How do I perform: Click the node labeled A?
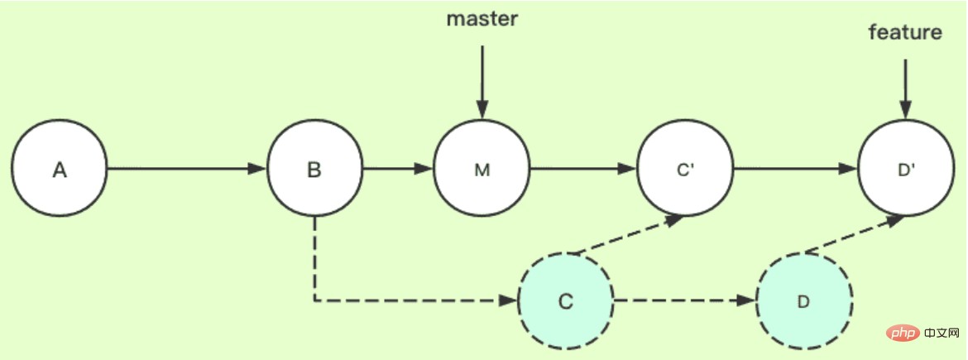[x=60, y=170]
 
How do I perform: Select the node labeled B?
[x=314, y=170]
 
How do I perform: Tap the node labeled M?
[x=482, y=170]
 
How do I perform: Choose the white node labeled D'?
[x=905, y=170]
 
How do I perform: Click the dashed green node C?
[x=565, y=301]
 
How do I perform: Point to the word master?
[x=482, y=19]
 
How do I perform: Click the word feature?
[x=905, y=33]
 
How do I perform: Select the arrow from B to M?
[x=398, y=170]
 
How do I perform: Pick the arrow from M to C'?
[x=582, y=170]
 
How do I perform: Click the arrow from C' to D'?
[x=794, y=170]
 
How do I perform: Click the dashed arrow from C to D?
[x=684, y=301]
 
